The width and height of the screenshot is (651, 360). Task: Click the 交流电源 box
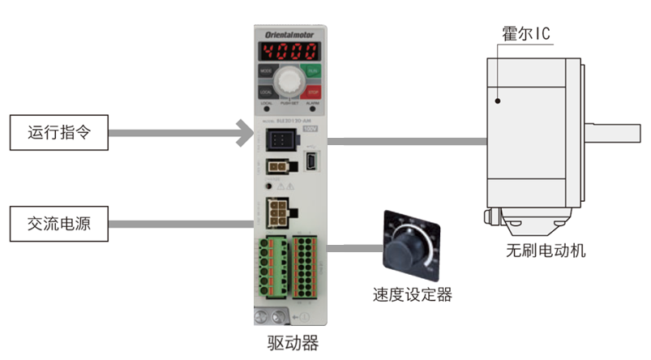(x=58, y=223)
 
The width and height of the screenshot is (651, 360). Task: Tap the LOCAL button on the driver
(x=266, y=92)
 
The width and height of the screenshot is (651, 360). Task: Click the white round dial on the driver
(x=289, y=83)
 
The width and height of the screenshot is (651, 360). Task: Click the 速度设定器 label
(x=413, y=295)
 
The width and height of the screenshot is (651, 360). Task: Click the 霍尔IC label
(x=527, y=35)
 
